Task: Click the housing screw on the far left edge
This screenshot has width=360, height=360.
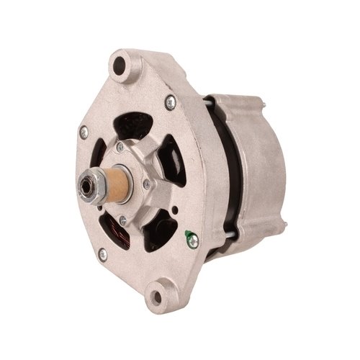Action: pyautogui.click(x=84, y=131)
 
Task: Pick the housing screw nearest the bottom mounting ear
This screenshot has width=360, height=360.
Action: pyautogui.click(x=102, y=253)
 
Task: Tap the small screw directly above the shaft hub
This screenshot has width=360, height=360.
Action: pyautogui.click(x=120, y=147)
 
